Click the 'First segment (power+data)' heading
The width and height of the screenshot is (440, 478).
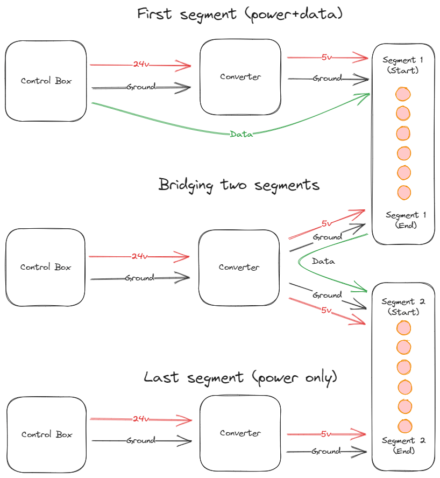[239, 14]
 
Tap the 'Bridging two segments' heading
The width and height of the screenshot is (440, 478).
[239, 185]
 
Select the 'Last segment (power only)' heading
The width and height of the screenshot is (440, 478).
[240, 377]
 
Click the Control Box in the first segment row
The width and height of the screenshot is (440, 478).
[46, 81]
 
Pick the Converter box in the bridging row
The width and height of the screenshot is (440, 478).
[239, 267]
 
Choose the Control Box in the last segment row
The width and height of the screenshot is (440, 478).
[47, 434]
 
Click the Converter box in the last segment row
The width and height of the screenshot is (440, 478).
[240, 433]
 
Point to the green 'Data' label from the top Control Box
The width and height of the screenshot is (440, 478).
[242, 135]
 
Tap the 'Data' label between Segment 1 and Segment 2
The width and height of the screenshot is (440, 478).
[323, 261]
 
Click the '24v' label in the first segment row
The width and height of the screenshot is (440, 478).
[141, 65]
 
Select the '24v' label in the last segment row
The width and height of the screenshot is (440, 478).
[141, 419]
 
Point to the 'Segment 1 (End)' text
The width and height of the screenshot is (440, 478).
[406, 220]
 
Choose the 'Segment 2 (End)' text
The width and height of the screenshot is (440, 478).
[404, 446]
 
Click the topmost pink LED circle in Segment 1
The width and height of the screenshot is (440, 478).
[403, 94]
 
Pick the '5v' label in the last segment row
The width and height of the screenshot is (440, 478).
[326, 433]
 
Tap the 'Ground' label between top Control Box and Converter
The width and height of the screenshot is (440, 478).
[141, 87]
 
